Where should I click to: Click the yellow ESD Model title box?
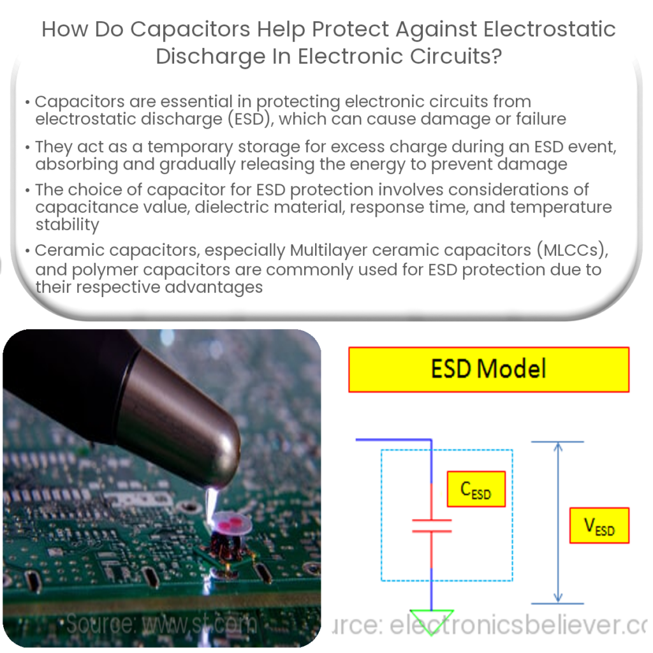[488, 369]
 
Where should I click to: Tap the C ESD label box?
[476, 489]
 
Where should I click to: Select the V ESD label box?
[599, 525]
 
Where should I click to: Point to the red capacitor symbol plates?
[432, 525]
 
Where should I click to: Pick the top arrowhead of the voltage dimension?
[558, 446]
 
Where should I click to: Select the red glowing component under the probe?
[227, 524]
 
